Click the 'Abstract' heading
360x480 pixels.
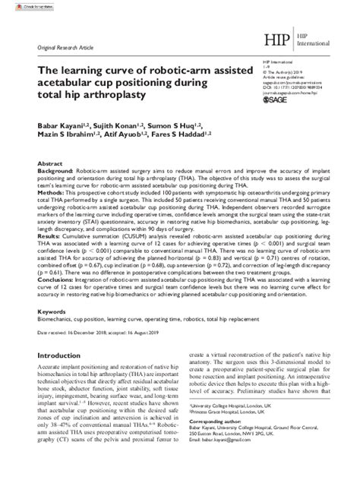49,164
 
